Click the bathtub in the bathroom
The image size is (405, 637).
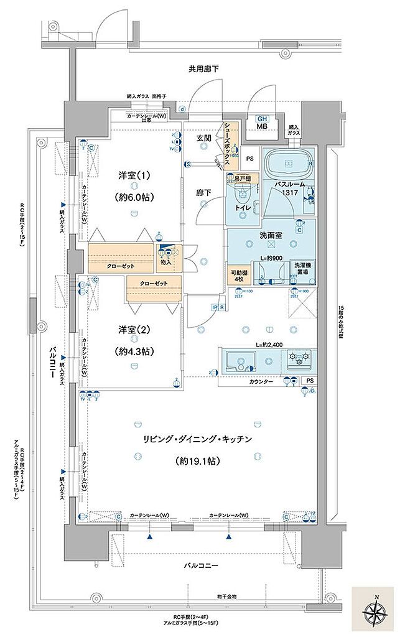point(289,165)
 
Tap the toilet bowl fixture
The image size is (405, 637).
point(241,203)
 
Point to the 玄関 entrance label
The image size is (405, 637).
point(205,137)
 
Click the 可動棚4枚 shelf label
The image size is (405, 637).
point(238,274)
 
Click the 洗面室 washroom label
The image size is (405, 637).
point(271,237)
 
